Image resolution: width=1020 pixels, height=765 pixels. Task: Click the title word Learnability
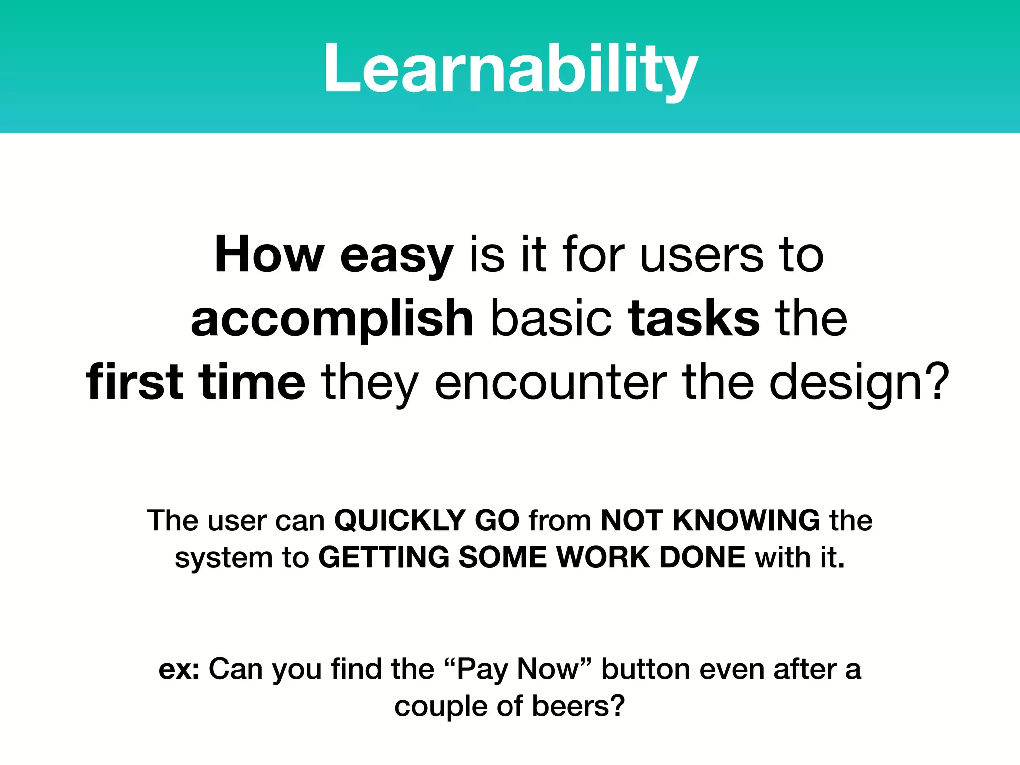(510, 69)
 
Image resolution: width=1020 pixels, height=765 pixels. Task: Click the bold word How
(269, 255)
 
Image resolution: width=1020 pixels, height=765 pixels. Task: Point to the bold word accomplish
(332, 319)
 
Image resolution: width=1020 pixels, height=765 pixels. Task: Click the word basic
(551, 319)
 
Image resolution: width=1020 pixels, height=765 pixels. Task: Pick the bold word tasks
(694, 319)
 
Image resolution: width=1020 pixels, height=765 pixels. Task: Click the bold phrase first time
(195, 382)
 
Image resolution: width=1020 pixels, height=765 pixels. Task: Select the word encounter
(550, 382)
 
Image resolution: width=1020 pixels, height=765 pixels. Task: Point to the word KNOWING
(746, 520)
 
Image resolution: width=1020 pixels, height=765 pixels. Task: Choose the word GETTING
(383, 557)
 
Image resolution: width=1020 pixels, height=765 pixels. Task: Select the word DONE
(702, 557)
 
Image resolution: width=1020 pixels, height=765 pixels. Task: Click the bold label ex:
(179, 669)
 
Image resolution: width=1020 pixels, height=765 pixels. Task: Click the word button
(645, 669)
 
